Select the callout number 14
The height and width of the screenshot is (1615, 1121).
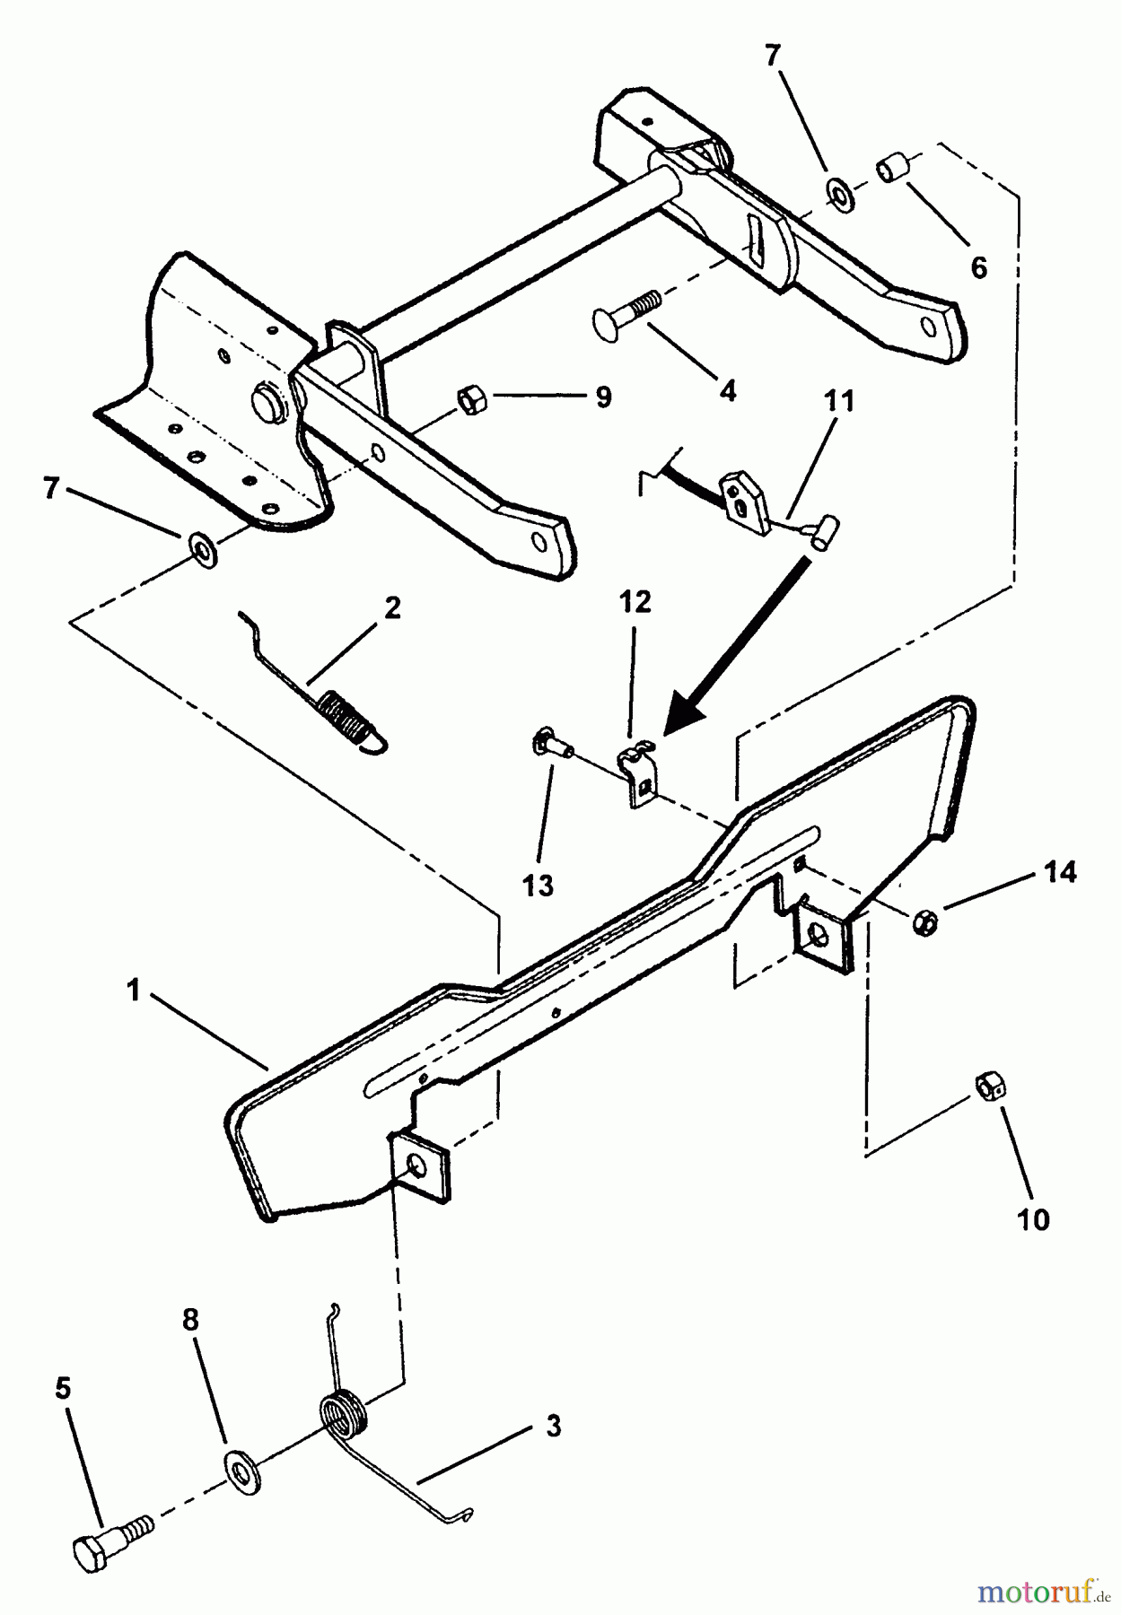(x=1059, y=871)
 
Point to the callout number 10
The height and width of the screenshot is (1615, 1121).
(x=1033, y=1219)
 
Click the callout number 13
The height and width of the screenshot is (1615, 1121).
(x=539, y=886)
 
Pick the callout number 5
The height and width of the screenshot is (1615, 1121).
(x=62, y=1389)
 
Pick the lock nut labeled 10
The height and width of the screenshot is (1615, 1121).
(x=990, y=1087)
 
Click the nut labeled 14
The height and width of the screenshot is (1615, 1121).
(x=924, y=921)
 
